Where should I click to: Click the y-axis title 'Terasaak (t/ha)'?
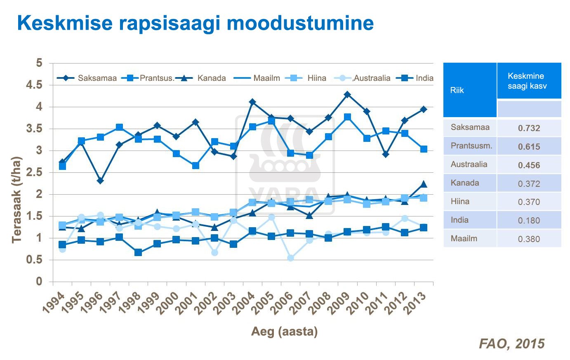(16, 200)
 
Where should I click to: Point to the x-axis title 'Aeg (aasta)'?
(284, 331)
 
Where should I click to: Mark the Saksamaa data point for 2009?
(347, 94)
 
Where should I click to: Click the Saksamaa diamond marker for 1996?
(100, 181)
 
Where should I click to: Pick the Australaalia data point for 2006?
(290, 258)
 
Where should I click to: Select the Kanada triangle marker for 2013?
(423, 184)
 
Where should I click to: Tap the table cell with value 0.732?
(529, 128)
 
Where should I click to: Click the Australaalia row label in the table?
(469, 164)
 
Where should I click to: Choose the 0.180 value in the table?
(529, 220)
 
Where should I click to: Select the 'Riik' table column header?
(457, 90)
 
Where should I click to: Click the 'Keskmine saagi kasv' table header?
(527, 81)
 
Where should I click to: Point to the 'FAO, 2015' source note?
(511, 344)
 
